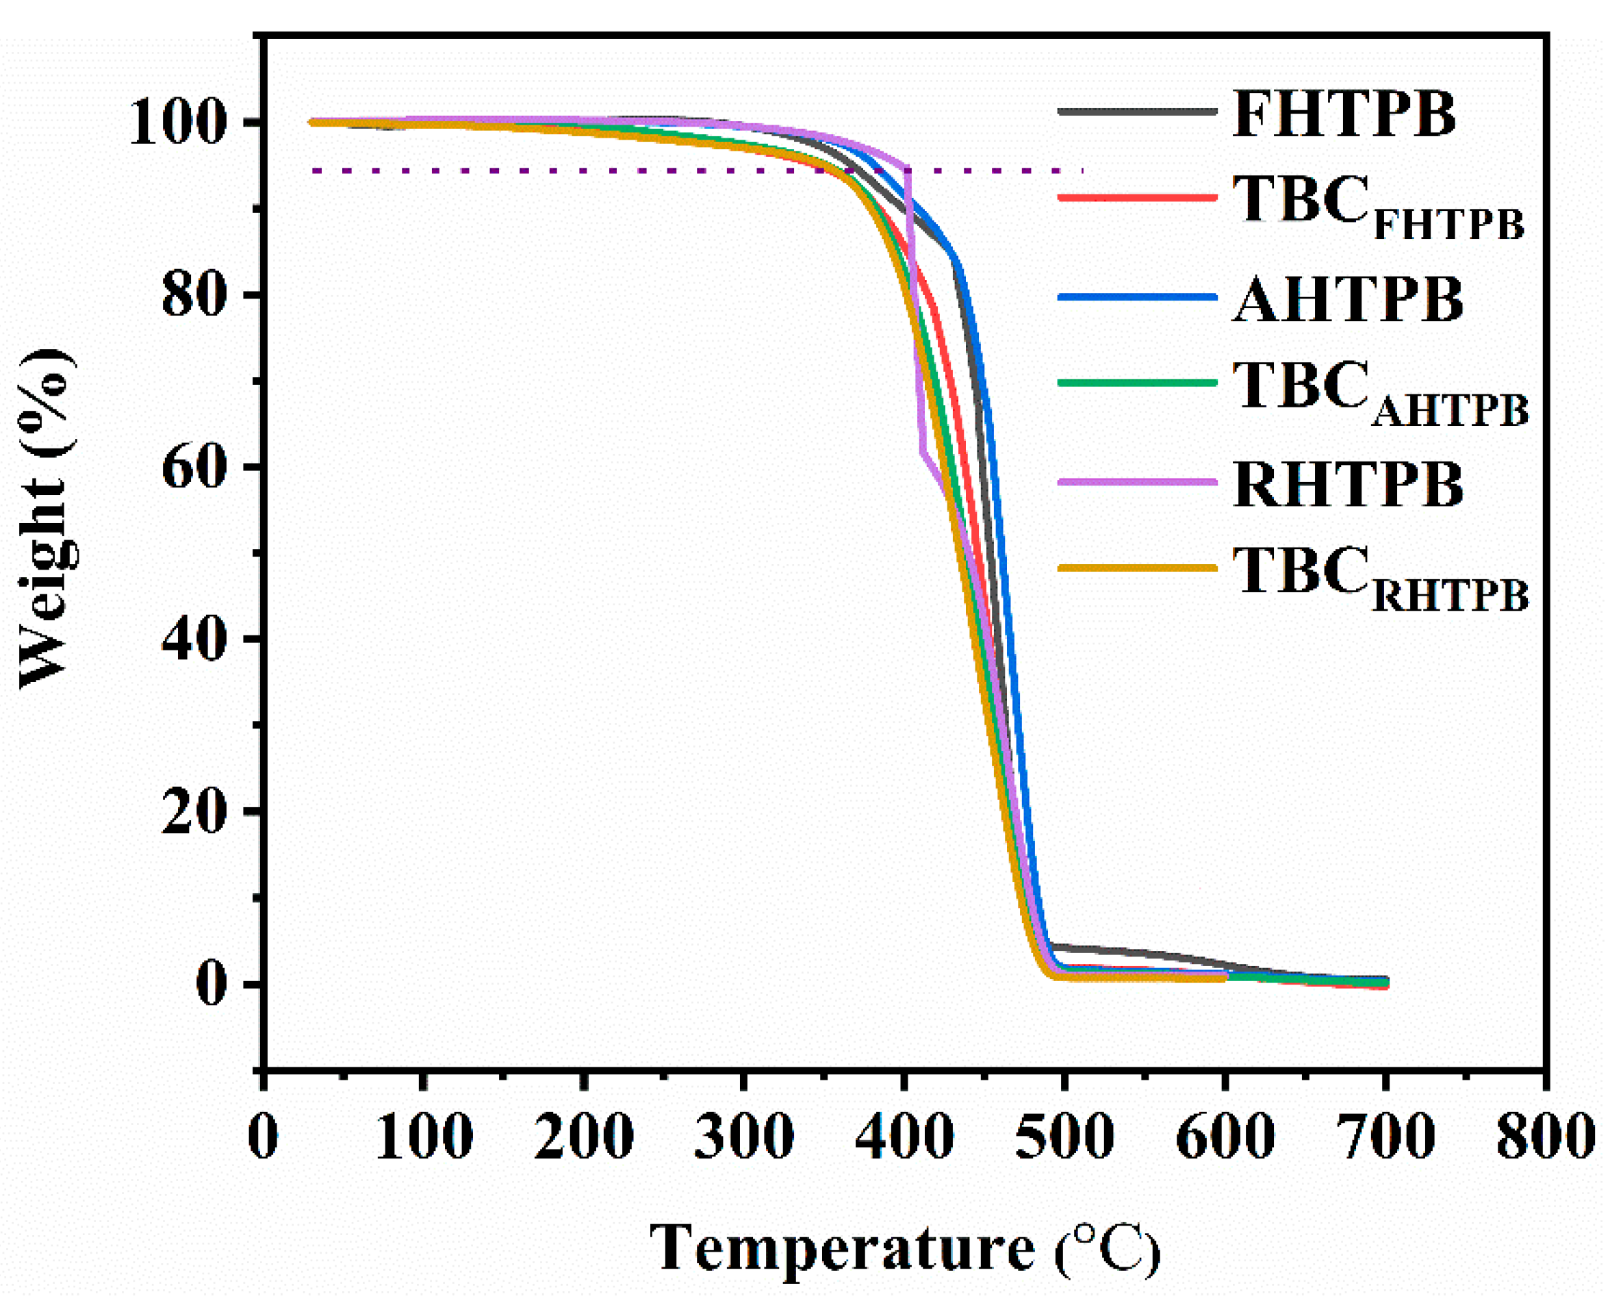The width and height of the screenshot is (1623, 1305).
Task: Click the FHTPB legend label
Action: [x=1344, y=114]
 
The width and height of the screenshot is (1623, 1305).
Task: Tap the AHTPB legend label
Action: [x=1348, y=300]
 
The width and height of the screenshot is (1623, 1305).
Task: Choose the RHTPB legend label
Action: [x=1348, y=484]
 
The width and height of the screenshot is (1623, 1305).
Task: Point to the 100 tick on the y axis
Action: [x=179, y=122]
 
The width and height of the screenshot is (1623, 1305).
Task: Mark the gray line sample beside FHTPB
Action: [x=1137, y=112]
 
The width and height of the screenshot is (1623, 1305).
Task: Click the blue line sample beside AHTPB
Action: [x=1137, y=297]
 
